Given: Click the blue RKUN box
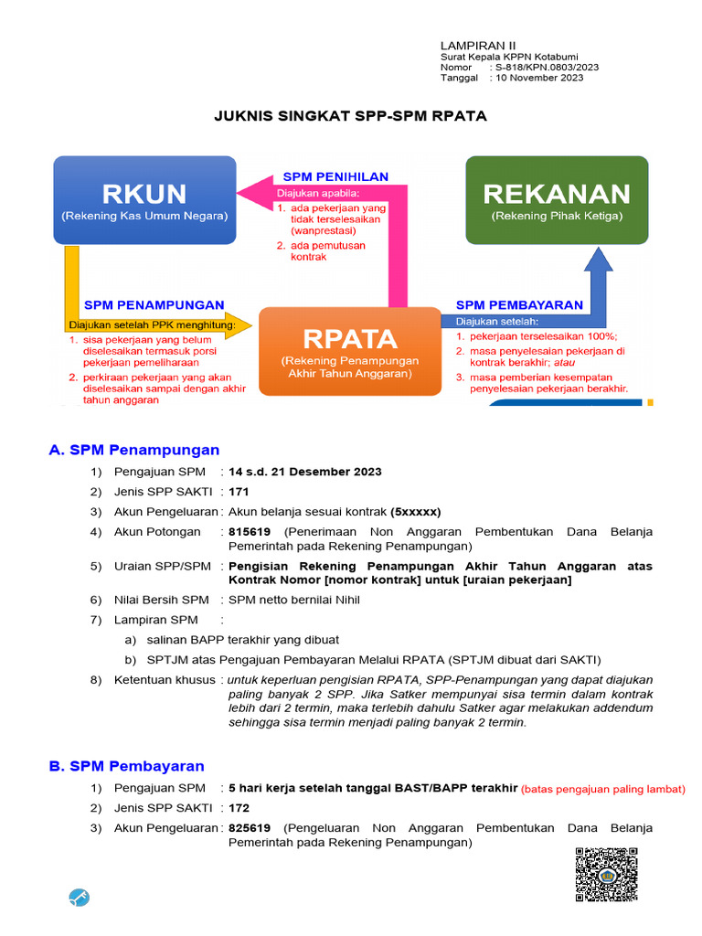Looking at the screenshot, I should pos(144,200).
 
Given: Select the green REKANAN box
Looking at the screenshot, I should pos(557,200).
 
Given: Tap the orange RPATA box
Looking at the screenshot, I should pos(350,351).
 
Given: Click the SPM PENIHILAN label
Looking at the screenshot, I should pos(335,176).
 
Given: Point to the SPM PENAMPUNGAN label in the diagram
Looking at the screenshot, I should pos(154,304).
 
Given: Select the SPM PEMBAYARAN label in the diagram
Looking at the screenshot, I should pos(519,304).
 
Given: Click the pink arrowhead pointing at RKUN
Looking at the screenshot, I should pos(251,192).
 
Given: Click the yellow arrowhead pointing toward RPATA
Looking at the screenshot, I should pos(239,324).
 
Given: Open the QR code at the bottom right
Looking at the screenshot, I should pos(606,874).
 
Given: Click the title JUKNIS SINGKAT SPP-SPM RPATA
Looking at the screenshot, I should pos(350,116).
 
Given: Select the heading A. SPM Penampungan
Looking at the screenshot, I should pos(134,450).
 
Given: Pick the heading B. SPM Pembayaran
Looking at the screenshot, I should pos(127,766).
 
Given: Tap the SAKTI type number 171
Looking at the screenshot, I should pos(239,492).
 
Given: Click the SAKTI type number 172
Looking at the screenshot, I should pos(239,808).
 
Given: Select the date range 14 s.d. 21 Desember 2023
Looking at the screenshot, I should pos(305,472).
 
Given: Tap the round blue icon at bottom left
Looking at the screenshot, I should pos(80,898).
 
